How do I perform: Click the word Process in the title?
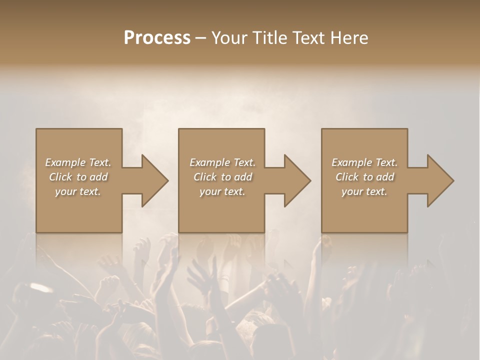click(157, 38)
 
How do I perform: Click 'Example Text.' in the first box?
click(78, 162)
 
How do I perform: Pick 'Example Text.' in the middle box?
click(222, 162)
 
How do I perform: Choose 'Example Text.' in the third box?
click(364, 162)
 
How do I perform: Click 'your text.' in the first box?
click(78, 191)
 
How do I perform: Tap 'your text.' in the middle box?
click(222, 191)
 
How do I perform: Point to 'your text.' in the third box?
click(364, 191)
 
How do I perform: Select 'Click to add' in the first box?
click(78, 177)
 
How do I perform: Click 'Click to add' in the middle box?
click(222, 177)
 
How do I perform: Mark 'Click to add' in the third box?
click(365, 177)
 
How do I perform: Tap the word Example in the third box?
click(352, 162)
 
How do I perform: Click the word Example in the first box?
click(65, 162)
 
